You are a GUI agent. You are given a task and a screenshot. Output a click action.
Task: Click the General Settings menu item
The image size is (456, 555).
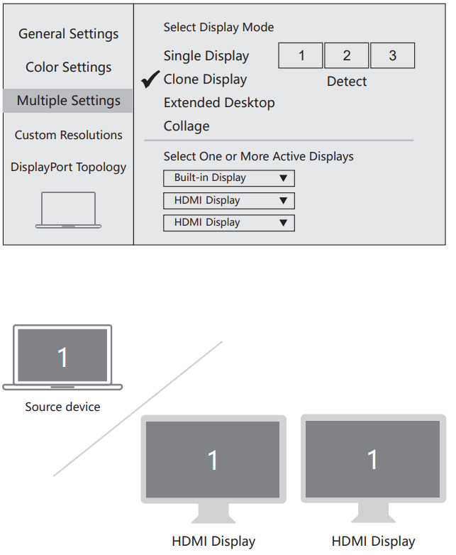68,34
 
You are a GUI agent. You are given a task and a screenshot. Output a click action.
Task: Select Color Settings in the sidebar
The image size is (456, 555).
68,67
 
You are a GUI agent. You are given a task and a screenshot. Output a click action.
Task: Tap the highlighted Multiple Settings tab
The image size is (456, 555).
68,101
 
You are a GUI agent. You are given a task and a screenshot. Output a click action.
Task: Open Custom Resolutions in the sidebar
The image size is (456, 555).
68,135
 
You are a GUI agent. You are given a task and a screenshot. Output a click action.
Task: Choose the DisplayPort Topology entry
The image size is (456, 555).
68,167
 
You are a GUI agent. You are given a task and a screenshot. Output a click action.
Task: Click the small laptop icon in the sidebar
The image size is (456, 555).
68,210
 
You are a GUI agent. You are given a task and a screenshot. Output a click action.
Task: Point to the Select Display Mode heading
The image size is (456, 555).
218,28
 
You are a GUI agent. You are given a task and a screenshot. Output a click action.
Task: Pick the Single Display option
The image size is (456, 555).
206,56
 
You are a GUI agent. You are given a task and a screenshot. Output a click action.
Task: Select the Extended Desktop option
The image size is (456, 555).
219,103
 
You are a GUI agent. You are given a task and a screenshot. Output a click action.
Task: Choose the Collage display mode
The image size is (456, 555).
187,126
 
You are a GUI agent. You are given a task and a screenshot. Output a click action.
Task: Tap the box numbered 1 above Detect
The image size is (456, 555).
301,56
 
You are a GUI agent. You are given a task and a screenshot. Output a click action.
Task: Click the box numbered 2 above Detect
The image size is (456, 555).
346,56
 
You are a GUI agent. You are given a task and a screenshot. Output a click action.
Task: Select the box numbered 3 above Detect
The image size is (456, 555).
392,56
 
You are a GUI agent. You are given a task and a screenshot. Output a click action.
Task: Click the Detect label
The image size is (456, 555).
347,82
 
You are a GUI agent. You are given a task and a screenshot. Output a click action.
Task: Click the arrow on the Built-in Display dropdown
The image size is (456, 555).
283,178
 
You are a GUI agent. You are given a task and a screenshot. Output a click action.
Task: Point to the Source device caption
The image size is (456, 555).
62,407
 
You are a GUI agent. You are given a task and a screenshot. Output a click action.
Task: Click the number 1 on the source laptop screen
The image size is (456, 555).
62,357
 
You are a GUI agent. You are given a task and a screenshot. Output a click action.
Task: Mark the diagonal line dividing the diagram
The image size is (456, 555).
138,408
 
